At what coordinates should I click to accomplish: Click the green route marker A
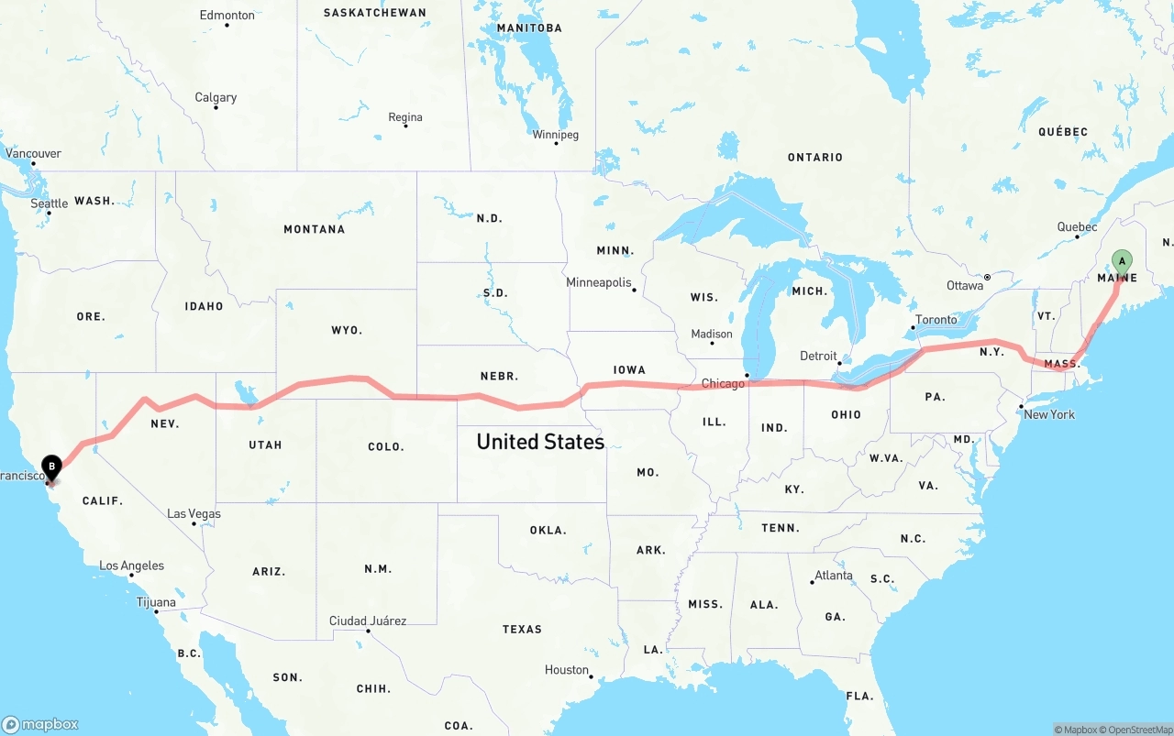[1121, 263]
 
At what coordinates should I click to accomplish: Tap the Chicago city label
[723, 383]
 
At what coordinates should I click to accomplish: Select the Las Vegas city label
[194, 513]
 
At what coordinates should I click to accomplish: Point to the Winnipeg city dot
[556, 143]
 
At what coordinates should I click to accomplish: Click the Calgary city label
[216, 97]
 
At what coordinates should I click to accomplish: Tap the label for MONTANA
[314, 229]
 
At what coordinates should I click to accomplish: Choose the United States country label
[540, 442]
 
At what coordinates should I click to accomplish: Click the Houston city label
[567, 670]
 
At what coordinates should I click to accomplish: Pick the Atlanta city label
[834, 576]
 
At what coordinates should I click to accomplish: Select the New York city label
[1049, 414]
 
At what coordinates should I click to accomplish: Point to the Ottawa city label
[965, 285]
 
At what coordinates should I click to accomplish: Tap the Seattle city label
[50, 203]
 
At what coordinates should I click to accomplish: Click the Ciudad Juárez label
[368, 621]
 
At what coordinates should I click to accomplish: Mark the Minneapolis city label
[599, 282]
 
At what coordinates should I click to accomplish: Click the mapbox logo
[41, 724]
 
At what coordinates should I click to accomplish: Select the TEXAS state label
[522, 629]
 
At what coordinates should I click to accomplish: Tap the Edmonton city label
[227, 15]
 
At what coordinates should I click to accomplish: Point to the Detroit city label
[818, 356]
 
